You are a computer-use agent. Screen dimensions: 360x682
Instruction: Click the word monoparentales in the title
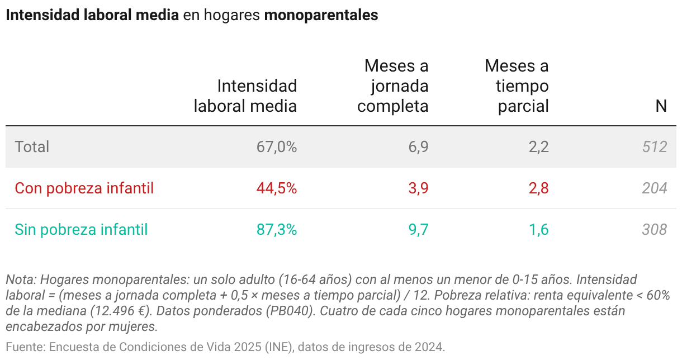click(x=321, y=16)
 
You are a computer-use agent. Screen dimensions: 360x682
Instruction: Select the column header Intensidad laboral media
click(x=245, y=96)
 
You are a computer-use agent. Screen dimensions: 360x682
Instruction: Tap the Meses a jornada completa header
click(x=393, y=86)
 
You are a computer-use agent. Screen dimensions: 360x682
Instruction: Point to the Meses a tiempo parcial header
click(x=517, y=86)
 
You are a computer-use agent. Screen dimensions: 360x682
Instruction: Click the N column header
click(x=661, y=106)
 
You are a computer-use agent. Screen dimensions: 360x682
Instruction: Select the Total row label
click(x=32, y=147)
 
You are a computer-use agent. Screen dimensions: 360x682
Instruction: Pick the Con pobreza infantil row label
click(x=84, y=188)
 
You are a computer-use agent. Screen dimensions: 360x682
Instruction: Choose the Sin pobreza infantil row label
click(x=81, y=230)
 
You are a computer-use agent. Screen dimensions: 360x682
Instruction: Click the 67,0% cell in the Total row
click(x=277, y=147)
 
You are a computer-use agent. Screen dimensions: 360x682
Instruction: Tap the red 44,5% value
click(x=277, y=188)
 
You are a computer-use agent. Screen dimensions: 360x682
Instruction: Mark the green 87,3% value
click(x=277, y=230)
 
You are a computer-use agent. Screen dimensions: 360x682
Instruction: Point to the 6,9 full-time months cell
click(x=418, y=147)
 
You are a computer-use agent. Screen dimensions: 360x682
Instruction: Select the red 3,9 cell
click(x=418, y=188)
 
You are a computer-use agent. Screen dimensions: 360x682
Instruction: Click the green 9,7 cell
click(x=418, y=230)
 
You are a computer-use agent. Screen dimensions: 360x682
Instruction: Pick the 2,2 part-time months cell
click(x=538, y=147)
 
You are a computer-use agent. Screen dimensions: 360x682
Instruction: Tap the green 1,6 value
click(x=538, y=230)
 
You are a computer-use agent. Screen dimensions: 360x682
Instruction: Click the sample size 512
click(x=655, y=147)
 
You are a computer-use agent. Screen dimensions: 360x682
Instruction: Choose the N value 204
click(x=655, y=188)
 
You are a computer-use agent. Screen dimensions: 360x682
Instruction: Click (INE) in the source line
click(x=279, y=347)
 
